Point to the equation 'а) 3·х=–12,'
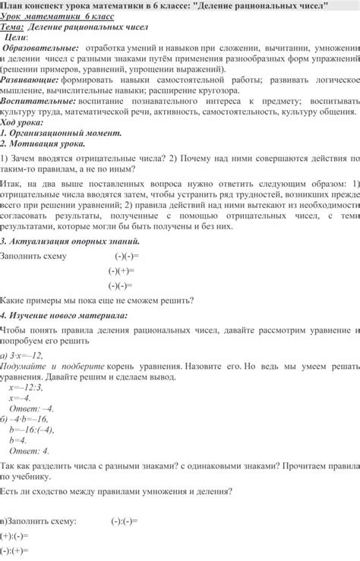point(22,355)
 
